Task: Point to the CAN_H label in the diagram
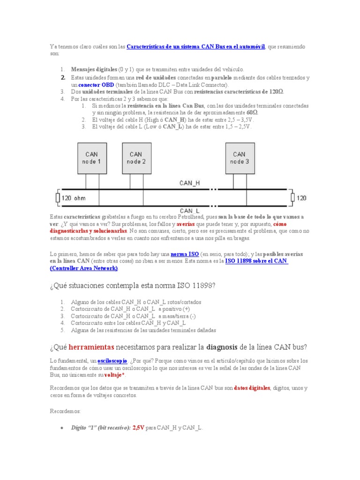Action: click(x=189, y=183)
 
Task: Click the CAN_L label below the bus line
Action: click(x=189, y=210)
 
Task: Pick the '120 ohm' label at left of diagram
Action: click(x=74, y=198)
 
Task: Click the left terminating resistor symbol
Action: click(x=57, y=198)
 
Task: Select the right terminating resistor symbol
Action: click(x=292, y=198)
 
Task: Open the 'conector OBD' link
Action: click(x=96, y=85)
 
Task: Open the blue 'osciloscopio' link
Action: click(x=112, y=361)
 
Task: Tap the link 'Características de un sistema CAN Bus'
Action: click(x=196, y=47)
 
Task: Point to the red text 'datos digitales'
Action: click(x=252, y=388)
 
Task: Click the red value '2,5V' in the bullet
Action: click(x=138, y=427)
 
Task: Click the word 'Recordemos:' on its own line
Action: click(x=65, y=411)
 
